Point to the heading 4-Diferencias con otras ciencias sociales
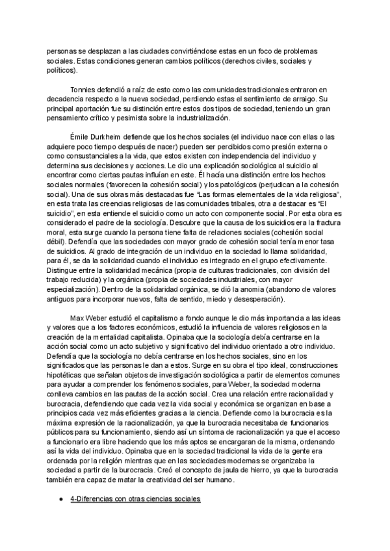[135, 498]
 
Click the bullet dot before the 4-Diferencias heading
[60, 498]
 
